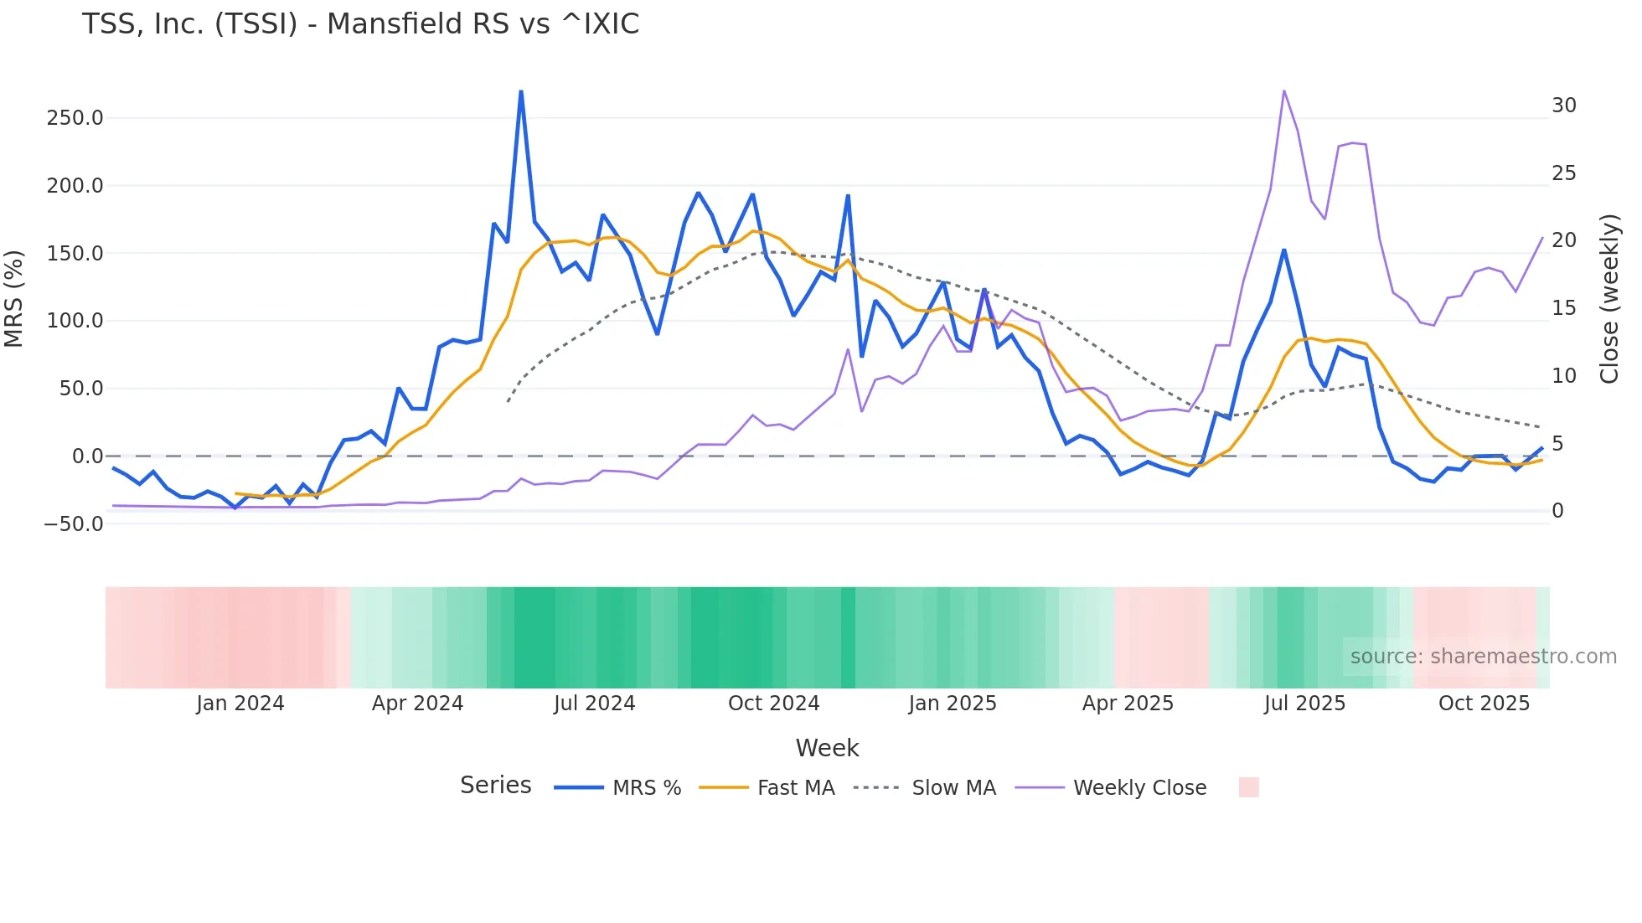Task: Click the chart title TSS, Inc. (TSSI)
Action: coord(360,24)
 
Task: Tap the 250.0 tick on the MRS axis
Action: coord(75,118)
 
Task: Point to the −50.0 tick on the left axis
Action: coord(74,524)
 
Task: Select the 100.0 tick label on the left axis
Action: coord(75,321)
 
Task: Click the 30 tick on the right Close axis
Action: coord(1563,106)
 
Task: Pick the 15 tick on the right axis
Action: coord(1563,308)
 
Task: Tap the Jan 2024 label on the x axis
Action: coord(240,704)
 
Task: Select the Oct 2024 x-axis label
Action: coord(773,704)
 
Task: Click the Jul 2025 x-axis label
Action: coord(1304,704)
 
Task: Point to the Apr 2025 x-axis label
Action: coord(1128,704)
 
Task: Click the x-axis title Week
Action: coord(827,748)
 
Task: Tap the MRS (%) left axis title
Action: coord(14,298)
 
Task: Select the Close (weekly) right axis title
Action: coord(1609,299)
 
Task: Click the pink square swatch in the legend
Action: coord(1248,787)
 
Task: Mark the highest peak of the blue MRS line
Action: coord(521,92)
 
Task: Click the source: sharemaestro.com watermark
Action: coord(1483,657)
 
